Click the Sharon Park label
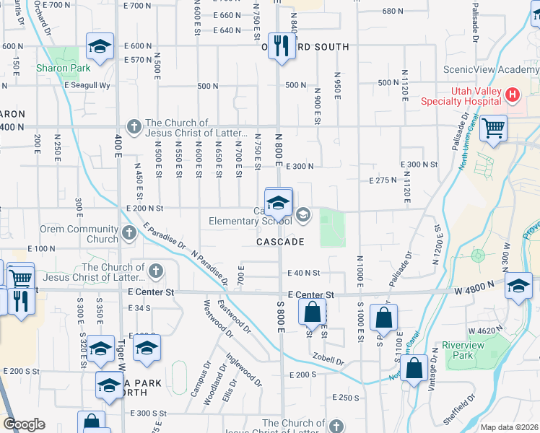tap(64, 69)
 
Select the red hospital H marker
tap(512, 95)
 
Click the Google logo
tap(24, 424)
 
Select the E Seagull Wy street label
tap(90, 85)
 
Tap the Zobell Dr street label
tap(328, 359)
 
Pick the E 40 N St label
tap(303, 273)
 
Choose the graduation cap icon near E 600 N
tap(99, 47)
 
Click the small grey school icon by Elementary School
tap(302, 213)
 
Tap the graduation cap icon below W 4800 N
tap(518, 286)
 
